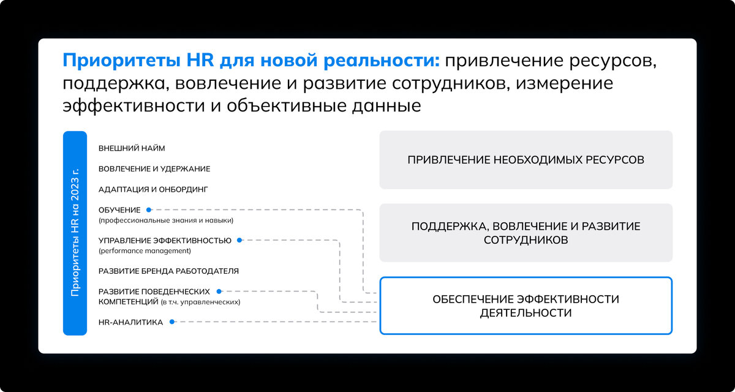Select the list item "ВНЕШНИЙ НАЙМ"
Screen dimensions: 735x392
pos(132,148)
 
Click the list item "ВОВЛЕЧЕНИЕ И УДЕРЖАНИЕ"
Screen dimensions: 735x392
pos(154,169)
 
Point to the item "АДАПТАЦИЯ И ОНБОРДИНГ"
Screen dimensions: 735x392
pos(154,189)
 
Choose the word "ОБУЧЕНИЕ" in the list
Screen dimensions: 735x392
pos(119,209)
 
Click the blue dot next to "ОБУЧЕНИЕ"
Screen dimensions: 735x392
pos(149,209)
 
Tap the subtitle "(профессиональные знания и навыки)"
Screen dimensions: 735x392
pos(165,220)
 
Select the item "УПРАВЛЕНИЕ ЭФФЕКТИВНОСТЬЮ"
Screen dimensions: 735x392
pos(165,241)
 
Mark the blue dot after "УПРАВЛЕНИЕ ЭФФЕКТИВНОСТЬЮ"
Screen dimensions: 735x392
pos(240,241)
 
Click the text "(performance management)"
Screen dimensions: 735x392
pos(145,251)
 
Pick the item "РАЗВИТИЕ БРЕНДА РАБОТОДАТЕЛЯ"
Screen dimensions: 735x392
pos(168,271)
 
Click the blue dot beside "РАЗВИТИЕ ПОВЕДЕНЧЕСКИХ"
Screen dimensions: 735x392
pos(219,292)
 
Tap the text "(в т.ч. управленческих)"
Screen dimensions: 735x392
pos(200,302)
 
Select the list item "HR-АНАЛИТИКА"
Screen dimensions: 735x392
pos(130,322)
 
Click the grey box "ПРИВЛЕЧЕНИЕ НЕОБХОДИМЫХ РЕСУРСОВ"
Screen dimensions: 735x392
pos(526,160)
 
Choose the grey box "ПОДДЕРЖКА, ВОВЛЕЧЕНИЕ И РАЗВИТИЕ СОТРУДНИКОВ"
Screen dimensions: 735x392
pos(526,233)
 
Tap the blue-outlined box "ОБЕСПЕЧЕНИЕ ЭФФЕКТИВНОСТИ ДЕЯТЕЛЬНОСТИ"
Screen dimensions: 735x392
pos(526,306)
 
